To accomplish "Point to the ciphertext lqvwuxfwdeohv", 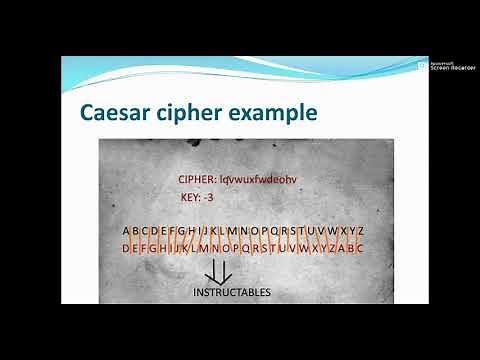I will point(264,179).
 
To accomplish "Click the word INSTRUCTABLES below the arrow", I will point(231,292).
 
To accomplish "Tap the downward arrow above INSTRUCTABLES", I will point(218,271).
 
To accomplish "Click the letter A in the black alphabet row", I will point(127,231).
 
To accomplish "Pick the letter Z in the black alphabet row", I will point(359,231).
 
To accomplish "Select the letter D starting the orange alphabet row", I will point(127,247).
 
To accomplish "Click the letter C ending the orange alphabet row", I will point(359,247).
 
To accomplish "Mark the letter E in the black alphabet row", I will point(163,231).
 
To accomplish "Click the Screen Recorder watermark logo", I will point(422,65).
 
